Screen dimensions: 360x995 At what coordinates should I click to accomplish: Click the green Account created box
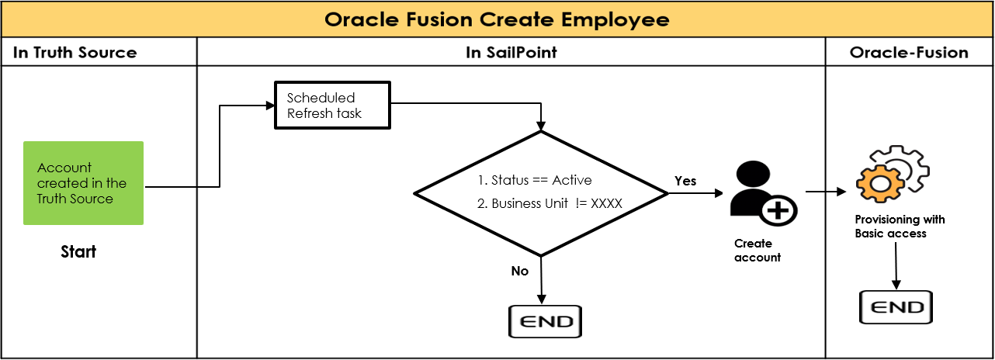tap(83, 183)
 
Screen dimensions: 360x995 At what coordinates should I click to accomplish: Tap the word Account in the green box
tap(64, 168)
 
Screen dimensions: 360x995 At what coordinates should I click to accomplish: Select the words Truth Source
tap(75, 199)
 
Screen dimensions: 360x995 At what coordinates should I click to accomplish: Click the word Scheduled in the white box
tap(321, 98)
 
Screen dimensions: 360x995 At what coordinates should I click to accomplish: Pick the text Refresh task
tap(324, 113)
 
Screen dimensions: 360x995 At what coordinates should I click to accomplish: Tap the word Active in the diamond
tap(571, 180)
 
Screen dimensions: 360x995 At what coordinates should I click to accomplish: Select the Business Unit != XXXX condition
tap(550, 205)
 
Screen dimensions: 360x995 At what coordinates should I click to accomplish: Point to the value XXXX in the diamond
tap(606, 205)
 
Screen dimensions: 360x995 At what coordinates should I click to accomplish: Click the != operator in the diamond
tap(581, 205)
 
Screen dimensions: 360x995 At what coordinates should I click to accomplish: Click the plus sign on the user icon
tap(778, 210)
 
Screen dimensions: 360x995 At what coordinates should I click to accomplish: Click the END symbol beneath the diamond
tap(545, 321)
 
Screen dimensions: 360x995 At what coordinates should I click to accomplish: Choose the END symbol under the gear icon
tap(896, 307)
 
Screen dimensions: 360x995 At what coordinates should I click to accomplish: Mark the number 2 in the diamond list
tap(480, 205)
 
